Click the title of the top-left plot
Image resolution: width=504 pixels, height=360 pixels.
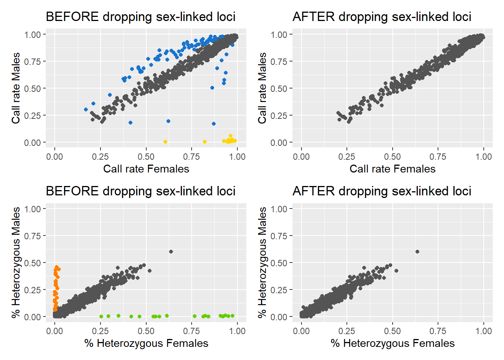140,17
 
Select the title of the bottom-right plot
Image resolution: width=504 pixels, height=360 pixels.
381,191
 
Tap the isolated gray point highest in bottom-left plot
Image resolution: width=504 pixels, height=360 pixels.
171,252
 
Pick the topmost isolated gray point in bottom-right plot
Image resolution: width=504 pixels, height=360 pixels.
417,252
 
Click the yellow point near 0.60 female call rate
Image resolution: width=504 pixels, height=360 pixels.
165,142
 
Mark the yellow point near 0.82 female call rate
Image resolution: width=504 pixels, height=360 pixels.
205,142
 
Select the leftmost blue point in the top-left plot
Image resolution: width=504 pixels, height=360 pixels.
86,109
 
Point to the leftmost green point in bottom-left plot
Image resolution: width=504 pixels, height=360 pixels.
101,316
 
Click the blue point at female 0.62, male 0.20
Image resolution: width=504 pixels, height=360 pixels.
168,121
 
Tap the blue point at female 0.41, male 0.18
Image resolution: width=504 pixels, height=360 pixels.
130,123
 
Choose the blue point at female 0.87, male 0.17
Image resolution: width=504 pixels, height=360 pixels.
214,124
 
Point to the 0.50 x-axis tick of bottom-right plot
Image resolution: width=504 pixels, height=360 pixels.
392,331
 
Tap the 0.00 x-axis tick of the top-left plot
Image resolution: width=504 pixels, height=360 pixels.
55,157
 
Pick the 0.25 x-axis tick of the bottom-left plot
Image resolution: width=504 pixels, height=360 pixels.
100,331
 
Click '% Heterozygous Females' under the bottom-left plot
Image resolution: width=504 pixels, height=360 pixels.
146,343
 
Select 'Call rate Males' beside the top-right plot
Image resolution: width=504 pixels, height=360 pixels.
262,88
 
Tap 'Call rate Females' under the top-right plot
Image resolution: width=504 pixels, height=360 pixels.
392,169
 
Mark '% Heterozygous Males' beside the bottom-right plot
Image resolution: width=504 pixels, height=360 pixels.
262,262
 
